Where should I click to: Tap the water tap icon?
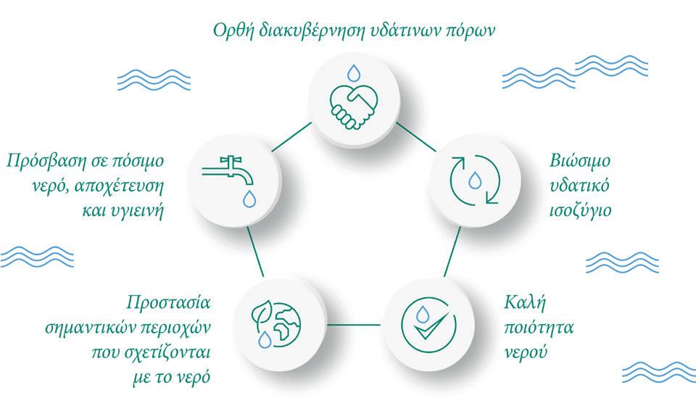pyautogui.click(x=231, y=173)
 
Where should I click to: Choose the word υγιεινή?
pyautogui.click(x=136, y=212)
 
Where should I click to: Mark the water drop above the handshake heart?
pyautogui.click(x=353, y=73)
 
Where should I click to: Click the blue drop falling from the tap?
pyautogui.click(x=248, y=198)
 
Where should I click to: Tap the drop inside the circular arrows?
pyautogui.click(x=474, y=179)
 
